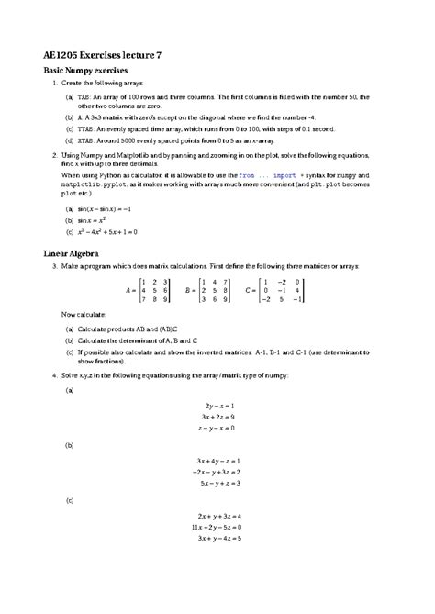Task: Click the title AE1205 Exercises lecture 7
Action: [x=102, y=55]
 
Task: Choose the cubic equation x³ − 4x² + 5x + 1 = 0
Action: [x=107, y=232]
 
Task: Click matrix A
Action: [x=149, y=289]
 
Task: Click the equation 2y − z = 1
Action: [x=217, y=405]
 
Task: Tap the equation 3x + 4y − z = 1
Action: [x=217, y=460]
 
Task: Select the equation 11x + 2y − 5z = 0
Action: [x=217, y=527]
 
